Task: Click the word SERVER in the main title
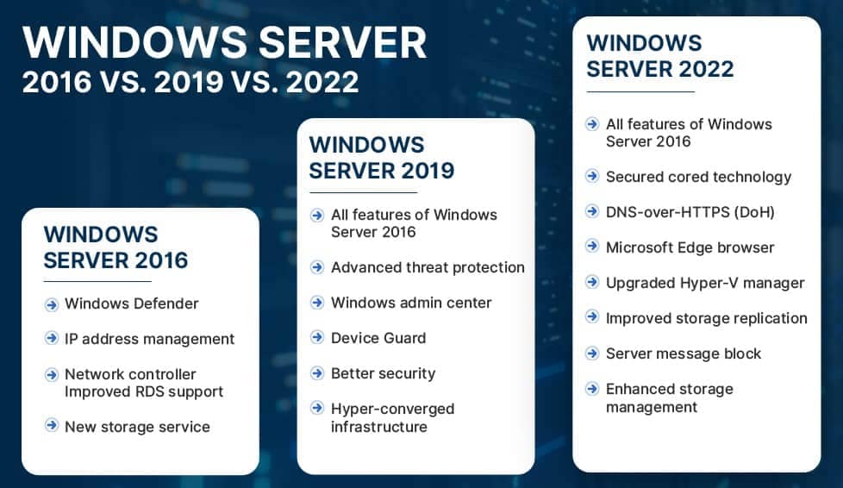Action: coord(342,42)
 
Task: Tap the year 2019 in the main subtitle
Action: coord(189,82)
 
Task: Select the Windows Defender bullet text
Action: coord(132,303)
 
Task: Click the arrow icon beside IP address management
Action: coord(52,339)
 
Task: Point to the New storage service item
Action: coord(137,427)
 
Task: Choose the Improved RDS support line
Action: coord(144,391)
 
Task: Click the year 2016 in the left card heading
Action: coord(162,260)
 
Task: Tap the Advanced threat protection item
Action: coord(428,267)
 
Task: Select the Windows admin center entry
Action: coord(411,303)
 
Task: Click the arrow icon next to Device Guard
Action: coord(317,337)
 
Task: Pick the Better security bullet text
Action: coord(384,373)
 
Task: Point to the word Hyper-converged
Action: coord(393,409)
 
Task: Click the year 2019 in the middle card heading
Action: coord(428,171)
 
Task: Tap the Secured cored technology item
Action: coord(698,177)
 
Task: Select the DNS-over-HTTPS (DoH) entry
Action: coord(690,212)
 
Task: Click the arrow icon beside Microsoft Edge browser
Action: coord(592,246)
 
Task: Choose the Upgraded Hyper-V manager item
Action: coord(705,283)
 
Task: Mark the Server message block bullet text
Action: coord(684,353)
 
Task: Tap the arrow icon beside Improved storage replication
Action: coord(592,316)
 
